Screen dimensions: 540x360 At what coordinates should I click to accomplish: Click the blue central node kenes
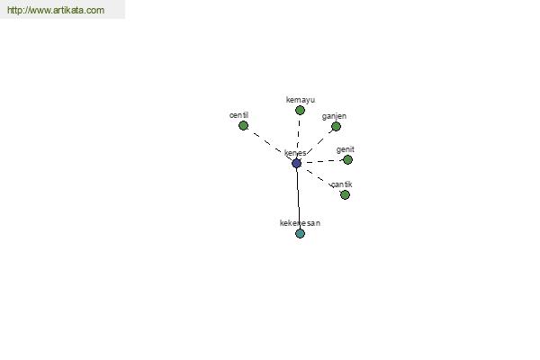(296, 163)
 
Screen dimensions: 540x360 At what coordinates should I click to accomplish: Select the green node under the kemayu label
(300, 110)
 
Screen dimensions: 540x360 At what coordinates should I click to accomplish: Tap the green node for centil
(244, 126)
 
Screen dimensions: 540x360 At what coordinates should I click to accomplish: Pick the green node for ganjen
(336, 126)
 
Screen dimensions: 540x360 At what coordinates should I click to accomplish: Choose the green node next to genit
(347, 160)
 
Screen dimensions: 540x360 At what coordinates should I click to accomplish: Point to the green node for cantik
(345, 195)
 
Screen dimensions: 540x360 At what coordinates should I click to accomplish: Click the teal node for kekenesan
(300, 234)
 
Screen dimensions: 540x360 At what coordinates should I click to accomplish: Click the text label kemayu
(301, 100)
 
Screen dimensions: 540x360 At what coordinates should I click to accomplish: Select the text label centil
(238, 115)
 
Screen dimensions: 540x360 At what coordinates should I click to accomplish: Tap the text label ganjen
(334, 116)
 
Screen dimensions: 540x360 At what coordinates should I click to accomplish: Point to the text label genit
(345, 149)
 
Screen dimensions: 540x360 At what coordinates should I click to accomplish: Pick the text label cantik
(342, 184)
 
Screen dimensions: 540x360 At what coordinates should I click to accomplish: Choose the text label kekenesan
(300, 223)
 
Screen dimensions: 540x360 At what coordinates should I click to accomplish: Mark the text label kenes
(295, 153)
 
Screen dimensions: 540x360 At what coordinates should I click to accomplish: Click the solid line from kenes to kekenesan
(298, 198)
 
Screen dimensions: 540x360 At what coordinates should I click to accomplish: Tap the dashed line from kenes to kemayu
(298, 137)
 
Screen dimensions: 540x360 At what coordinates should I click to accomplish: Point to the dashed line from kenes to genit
(322, 162)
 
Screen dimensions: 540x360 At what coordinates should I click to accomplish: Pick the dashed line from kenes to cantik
(320, 179)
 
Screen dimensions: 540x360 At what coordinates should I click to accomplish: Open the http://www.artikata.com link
(56, 10)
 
